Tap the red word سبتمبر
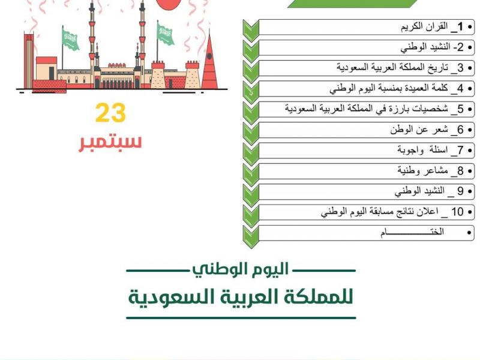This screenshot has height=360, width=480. [110, 142]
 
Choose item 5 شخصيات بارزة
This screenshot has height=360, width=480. [384, 109]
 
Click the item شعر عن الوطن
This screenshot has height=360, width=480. [423, 130]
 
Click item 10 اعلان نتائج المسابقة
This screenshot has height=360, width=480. [390, 212]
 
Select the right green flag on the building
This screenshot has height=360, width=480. [165, 34]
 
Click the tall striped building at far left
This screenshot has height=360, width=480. [29, 60]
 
